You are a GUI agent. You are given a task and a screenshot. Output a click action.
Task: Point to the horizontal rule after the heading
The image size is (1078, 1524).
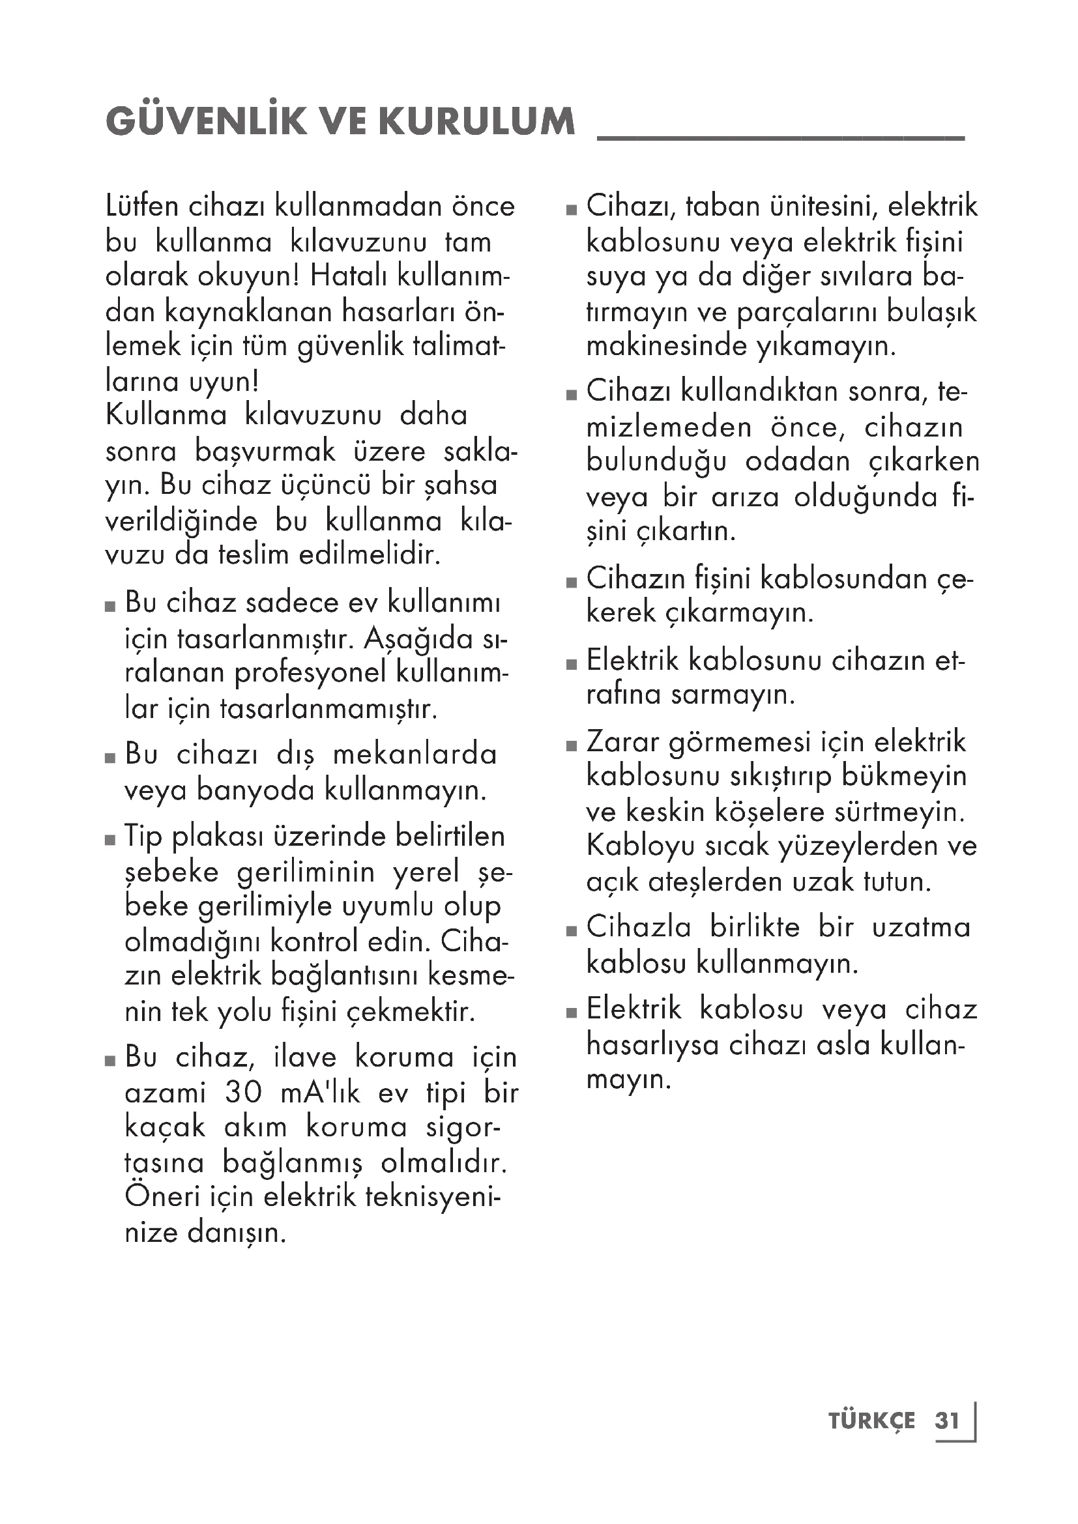coord(781,137)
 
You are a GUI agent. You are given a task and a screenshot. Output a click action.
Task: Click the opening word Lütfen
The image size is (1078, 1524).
coord(142,207)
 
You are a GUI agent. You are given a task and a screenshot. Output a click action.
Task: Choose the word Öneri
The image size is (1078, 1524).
coord(156,1197)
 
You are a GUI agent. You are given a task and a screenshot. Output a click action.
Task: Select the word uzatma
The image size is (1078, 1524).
coord(921,927)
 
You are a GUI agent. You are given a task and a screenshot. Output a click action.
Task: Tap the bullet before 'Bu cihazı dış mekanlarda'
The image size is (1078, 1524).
coord(110,758)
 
